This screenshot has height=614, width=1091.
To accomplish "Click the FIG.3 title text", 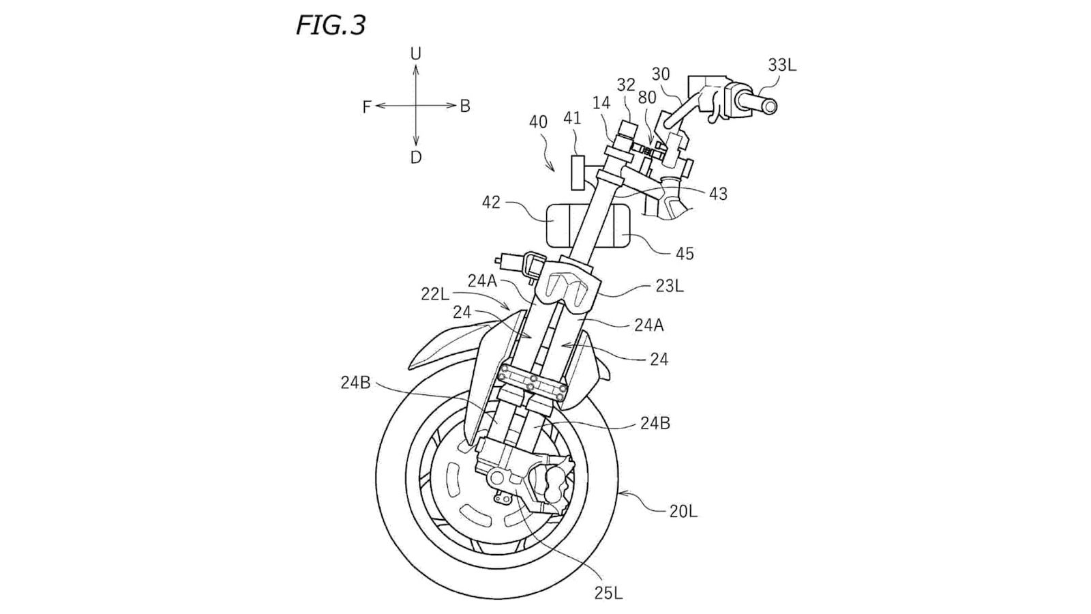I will coord(331,25).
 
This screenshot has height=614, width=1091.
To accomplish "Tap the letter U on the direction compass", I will coord(415,53).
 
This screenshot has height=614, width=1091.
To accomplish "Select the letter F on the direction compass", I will coord(367,107).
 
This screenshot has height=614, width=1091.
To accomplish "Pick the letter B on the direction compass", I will coord(465,106).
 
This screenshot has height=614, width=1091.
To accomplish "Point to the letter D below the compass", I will coord(415,158).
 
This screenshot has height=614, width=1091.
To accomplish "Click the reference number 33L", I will coord(781,65).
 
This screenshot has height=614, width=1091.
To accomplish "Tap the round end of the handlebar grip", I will coord(768,106).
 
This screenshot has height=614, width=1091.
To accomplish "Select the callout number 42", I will coord(491,203).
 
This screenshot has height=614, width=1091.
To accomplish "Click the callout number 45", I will coord(684,254).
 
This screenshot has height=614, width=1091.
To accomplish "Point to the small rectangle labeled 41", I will coord(578,173).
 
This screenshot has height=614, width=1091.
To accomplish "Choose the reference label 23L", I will coord(669,287).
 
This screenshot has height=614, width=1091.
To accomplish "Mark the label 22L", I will coord(435,294).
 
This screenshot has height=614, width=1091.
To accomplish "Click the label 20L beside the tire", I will coord(683,511).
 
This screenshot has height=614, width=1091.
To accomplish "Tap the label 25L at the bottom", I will coord(608,593).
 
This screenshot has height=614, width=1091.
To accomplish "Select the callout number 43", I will coord(717,194).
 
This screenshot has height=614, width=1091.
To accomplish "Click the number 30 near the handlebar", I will coord(660,74).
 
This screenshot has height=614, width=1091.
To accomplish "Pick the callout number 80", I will coord(646,97).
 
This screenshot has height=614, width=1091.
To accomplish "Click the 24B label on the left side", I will coord(355,383).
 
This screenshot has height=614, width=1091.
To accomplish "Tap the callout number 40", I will coord(538,122).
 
